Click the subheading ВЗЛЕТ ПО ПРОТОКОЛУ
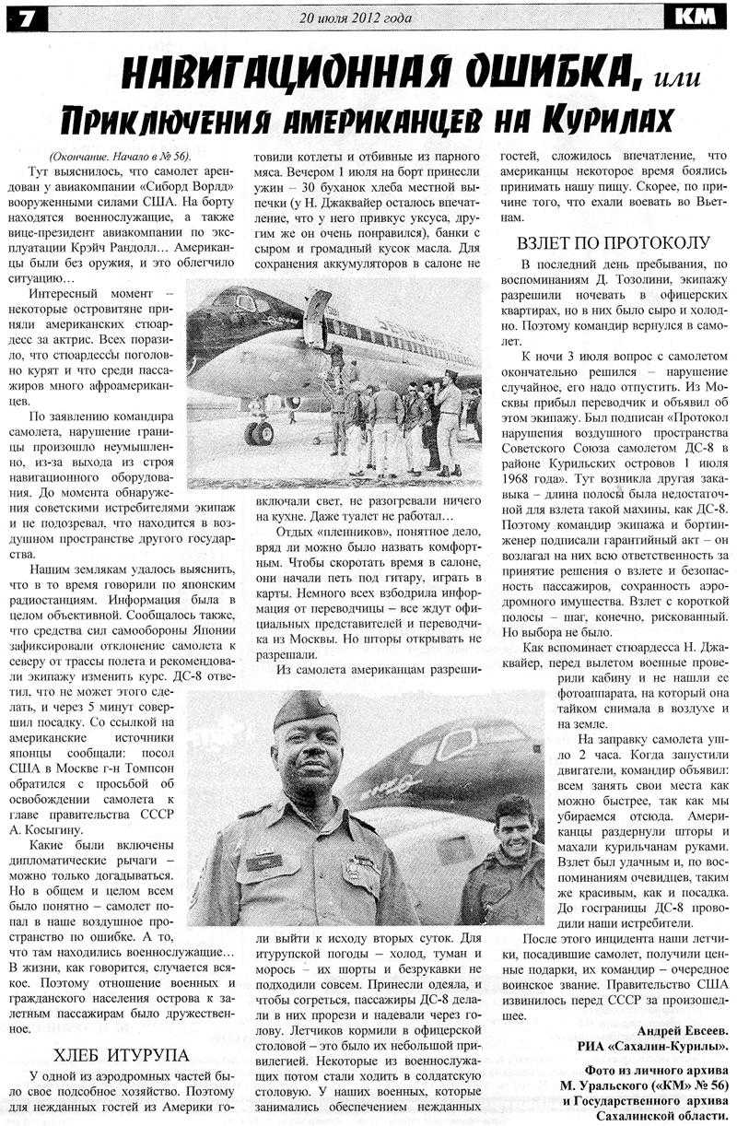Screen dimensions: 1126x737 613,243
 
